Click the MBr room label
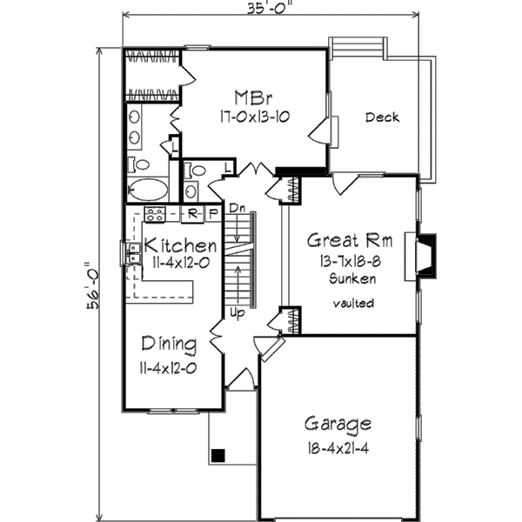[247, 96]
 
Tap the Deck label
[382, 117]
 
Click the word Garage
[338, 425]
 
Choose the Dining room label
[169, 342]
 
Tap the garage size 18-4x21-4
[338, 449]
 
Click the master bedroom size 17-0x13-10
[247, 116]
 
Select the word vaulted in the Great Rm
[352, 303]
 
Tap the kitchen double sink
[134, 253]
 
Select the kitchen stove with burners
[155, 214]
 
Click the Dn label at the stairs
[237, 207]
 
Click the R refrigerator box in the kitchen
[193, 213]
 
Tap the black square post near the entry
[218, 454]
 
